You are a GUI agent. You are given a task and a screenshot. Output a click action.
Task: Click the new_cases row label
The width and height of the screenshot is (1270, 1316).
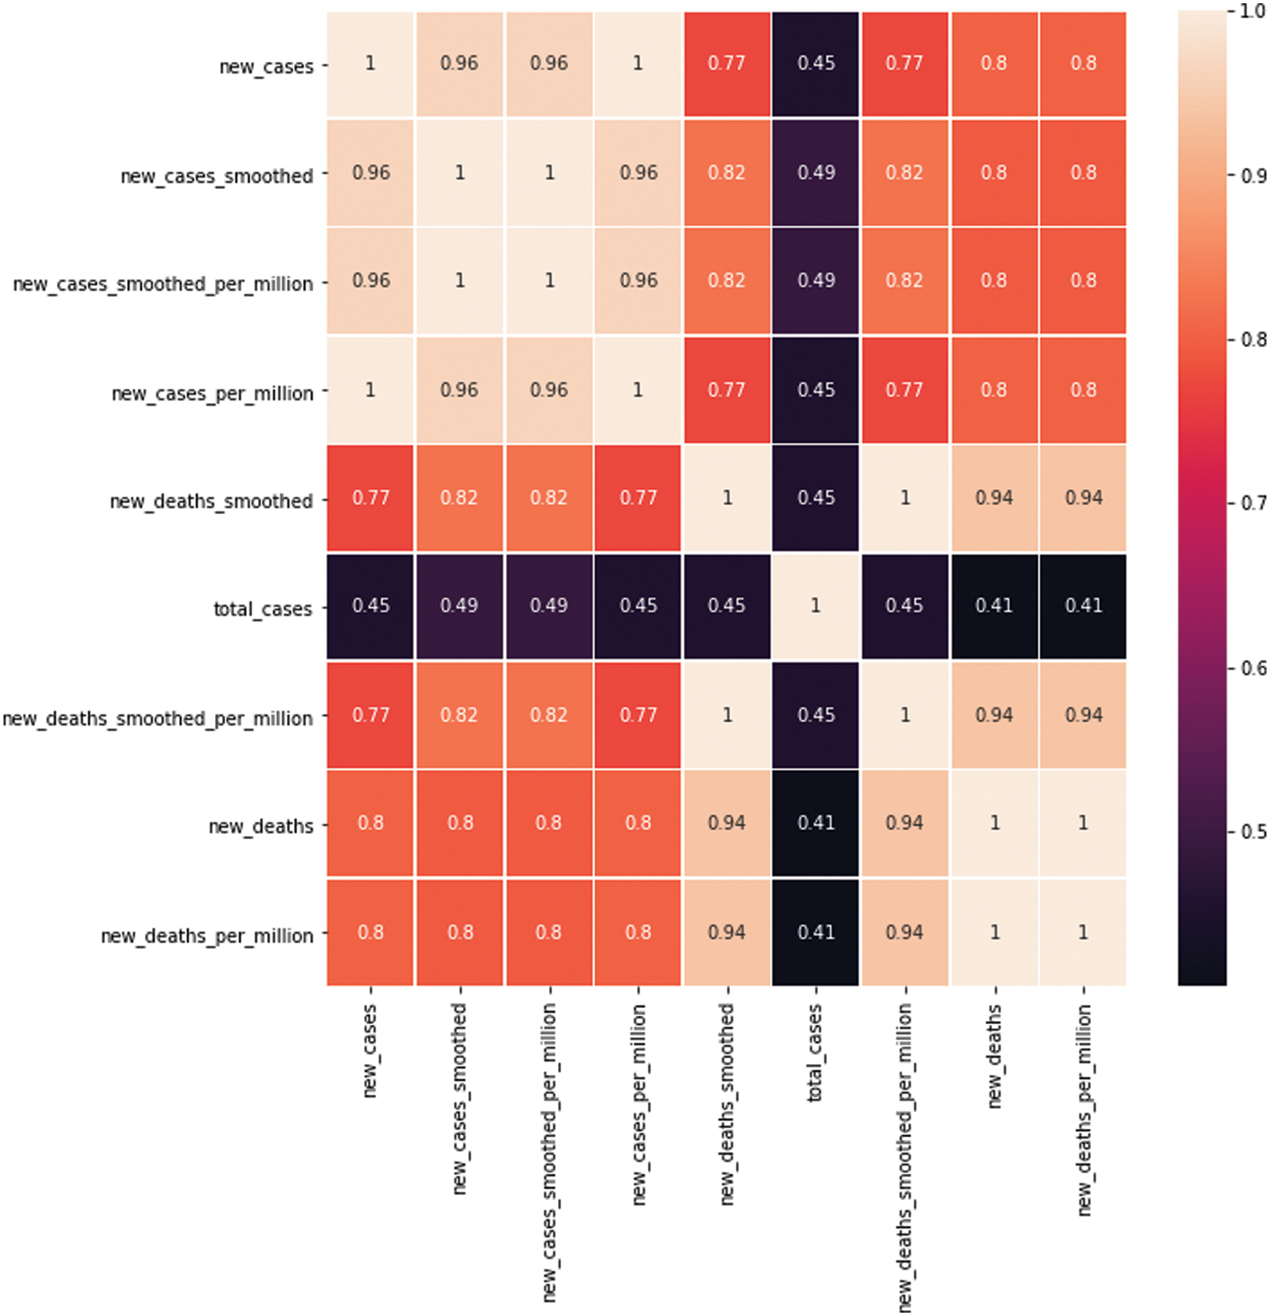(266, 66)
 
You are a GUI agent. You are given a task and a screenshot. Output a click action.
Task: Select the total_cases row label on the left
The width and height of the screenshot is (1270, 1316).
(262, 609)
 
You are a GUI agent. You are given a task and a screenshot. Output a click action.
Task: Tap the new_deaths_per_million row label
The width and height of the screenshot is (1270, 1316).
(206, 936)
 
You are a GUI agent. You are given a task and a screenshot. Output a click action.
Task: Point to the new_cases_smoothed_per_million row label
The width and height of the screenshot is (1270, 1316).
(163, 284)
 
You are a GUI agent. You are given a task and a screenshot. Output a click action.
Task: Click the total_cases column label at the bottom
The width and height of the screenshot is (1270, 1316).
(815, 1053)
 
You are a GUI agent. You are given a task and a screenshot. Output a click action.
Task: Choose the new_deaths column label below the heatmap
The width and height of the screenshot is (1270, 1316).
(994, 1056)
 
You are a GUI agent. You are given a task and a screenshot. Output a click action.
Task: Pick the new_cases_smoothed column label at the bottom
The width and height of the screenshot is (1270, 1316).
(460, 1098)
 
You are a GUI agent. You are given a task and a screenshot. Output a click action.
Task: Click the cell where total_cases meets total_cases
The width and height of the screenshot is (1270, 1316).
(815, 606)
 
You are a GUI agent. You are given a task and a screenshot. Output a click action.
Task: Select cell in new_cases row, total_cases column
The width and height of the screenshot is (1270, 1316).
(815, 64)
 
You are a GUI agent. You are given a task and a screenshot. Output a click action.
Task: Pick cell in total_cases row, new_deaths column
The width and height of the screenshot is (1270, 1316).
(994, 606)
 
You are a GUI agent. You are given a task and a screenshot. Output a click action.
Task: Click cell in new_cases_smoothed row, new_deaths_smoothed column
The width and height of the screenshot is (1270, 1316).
(726, 173)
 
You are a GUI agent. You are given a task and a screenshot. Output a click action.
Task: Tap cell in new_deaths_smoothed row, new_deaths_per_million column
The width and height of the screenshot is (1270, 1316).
(1082, 498)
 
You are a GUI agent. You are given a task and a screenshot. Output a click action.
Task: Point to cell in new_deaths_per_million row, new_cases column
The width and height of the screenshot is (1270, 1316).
(370, 932)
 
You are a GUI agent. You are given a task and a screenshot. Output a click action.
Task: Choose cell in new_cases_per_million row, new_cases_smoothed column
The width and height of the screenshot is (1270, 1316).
(460, 390)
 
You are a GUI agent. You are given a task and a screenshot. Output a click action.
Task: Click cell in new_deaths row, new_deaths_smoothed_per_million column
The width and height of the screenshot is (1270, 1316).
(904, 822)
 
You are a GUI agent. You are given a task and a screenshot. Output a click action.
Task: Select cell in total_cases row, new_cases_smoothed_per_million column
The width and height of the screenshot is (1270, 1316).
(549, 606)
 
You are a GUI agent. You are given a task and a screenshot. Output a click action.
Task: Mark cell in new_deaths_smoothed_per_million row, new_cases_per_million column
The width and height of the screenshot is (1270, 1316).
(638, 715)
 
